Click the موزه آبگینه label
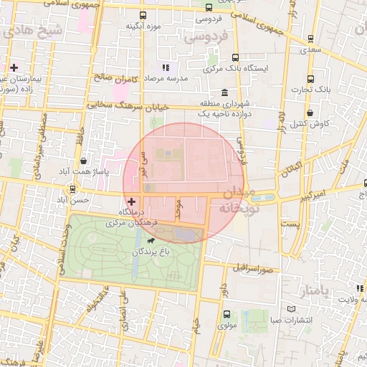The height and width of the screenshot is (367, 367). (x=143, y=27)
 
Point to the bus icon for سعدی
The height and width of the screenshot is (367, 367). (x=310, y=39)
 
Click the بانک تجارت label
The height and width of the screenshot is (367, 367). (x=310, y=89)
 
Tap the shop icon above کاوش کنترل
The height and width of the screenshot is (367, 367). (x=310, y=113)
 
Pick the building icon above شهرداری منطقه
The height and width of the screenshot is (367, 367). (x=225, y=92)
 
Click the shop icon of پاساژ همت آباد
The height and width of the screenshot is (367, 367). (x=84, y=161)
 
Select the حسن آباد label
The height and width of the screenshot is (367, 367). (x=75, y=199)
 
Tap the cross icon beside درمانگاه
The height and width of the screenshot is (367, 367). (x=131, y=203)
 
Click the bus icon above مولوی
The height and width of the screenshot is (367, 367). (x=227, y=314)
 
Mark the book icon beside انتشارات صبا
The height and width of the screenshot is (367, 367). (x=290, y=309)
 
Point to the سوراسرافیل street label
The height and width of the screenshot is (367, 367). (x=254, y=269)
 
